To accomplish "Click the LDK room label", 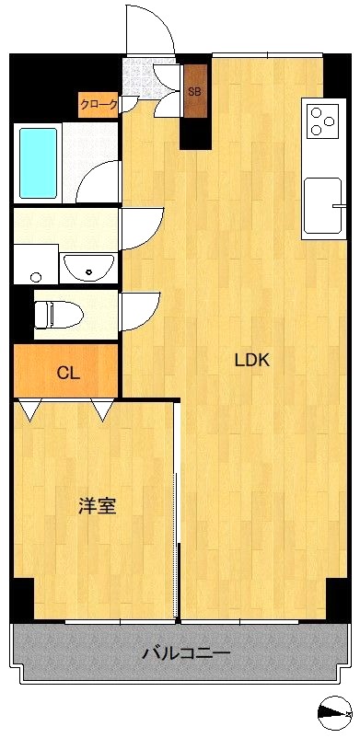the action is coord(251,361).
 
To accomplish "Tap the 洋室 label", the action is coord(97,506).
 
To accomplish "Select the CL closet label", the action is coord(68,374).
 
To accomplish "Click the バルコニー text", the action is coord(187,653).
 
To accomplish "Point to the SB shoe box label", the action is coord(194,92).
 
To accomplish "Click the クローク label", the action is coord(98,105).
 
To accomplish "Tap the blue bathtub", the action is coord(38,163).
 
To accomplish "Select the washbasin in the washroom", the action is coord(89,267).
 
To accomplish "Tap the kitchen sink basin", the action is coord(322,205).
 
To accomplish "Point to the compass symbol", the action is coord(335,713).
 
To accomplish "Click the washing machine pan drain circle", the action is coord(35,277).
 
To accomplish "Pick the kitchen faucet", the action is coord(339,206).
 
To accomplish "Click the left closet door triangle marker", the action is coord(30,409).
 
